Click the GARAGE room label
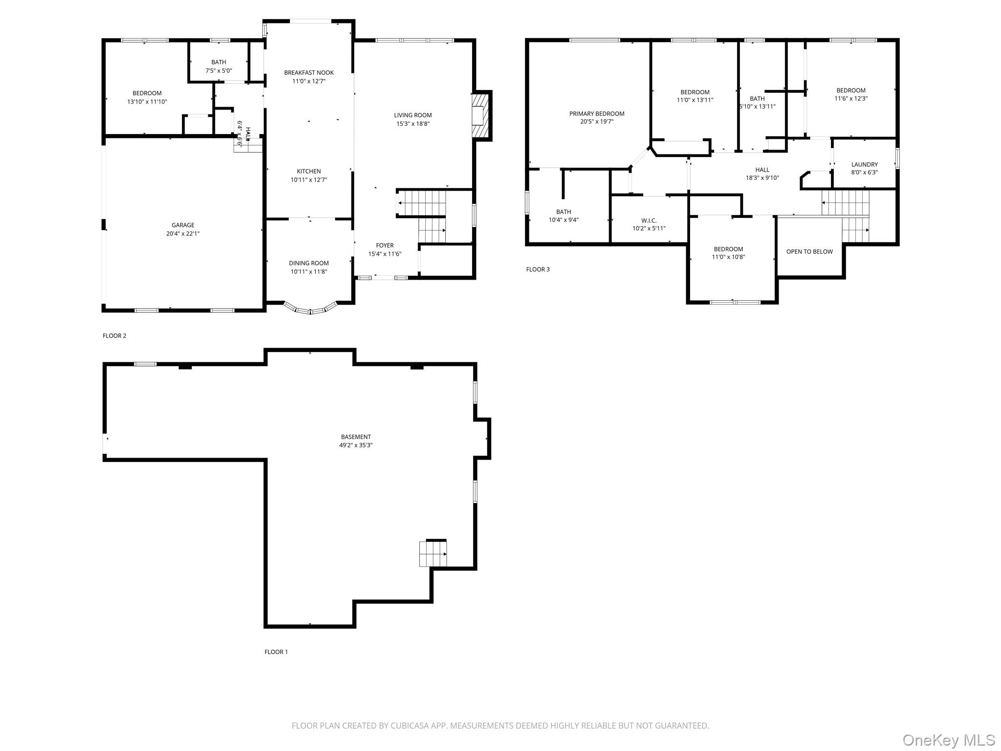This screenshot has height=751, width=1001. tap(183, 225)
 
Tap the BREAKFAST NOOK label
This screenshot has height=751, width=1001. tap(309, 73)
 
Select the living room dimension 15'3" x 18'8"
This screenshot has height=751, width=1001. tap(413, 124)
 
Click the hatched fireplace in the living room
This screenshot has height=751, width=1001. tap(481, 116)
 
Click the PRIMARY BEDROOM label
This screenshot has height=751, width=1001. tap(597, 114)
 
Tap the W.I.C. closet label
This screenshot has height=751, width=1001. tap(649, 221)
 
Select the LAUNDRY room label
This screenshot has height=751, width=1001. tap(864, 165)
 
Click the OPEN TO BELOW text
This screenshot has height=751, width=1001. tap(809, 252)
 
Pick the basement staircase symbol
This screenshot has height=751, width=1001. tap(433, 553)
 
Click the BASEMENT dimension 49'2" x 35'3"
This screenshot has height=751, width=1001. tap(356, 445)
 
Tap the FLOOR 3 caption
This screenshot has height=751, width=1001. tap(538, 269)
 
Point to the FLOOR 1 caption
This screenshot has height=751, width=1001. tap(276, 652)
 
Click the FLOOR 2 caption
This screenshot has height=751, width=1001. tap(114, 336)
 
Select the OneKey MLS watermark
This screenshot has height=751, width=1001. tap(949, 740)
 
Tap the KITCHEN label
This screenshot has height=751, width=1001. tap(309, 171)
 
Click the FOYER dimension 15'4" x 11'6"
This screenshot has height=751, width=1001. tap(385, 254)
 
